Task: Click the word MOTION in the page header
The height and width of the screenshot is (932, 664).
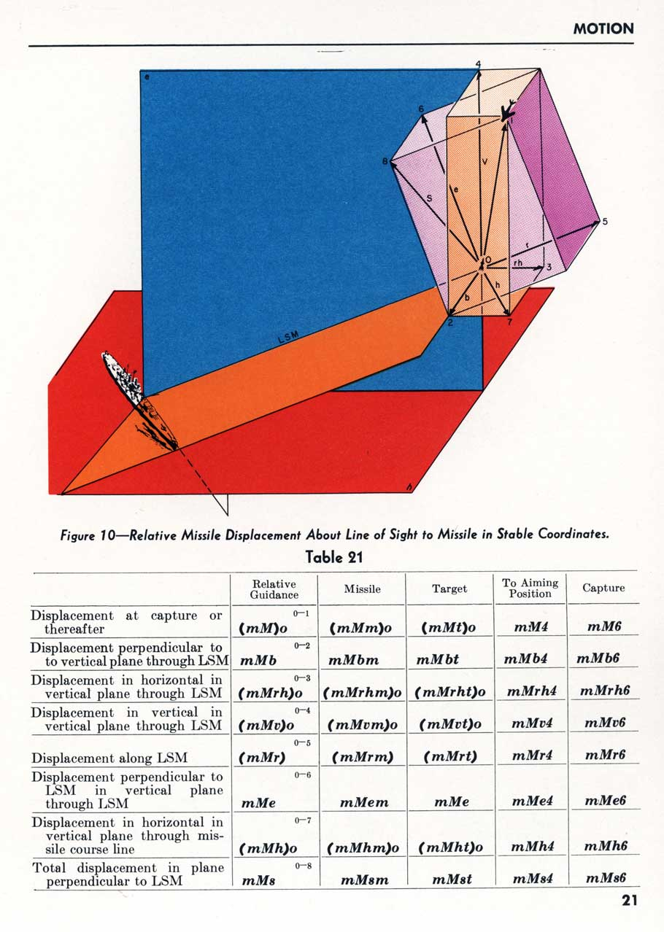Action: [603, 28]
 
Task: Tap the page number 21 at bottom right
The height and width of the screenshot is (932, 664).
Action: [630, 900]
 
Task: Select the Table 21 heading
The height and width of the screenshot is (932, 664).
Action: [333, 557]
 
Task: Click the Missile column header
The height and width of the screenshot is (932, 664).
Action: [362, 589]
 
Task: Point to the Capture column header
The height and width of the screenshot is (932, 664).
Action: [603, 588]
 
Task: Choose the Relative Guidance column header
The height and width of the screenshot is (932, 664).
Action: [274, 589]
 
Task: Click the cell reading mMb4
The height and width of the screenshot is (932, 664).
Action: [525, 659]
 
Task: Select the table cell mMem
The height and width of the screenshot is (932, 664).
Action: [364, 801]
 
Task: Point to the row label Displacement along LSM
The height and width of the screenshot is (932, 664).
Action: [109, 758]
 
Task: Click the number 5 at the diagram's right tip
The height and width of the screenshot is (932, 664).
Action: [605, 221]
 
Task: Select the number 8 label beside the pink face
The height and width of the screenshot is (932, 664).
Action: [385, 162]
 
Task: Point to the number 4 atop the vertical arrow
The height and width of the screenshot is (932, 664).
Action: [478, 64]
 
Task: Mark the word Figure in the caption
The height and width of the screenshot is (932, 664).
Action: [77, 535]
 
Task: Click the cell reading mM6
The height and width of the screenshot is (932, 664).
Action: [603, 626]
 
